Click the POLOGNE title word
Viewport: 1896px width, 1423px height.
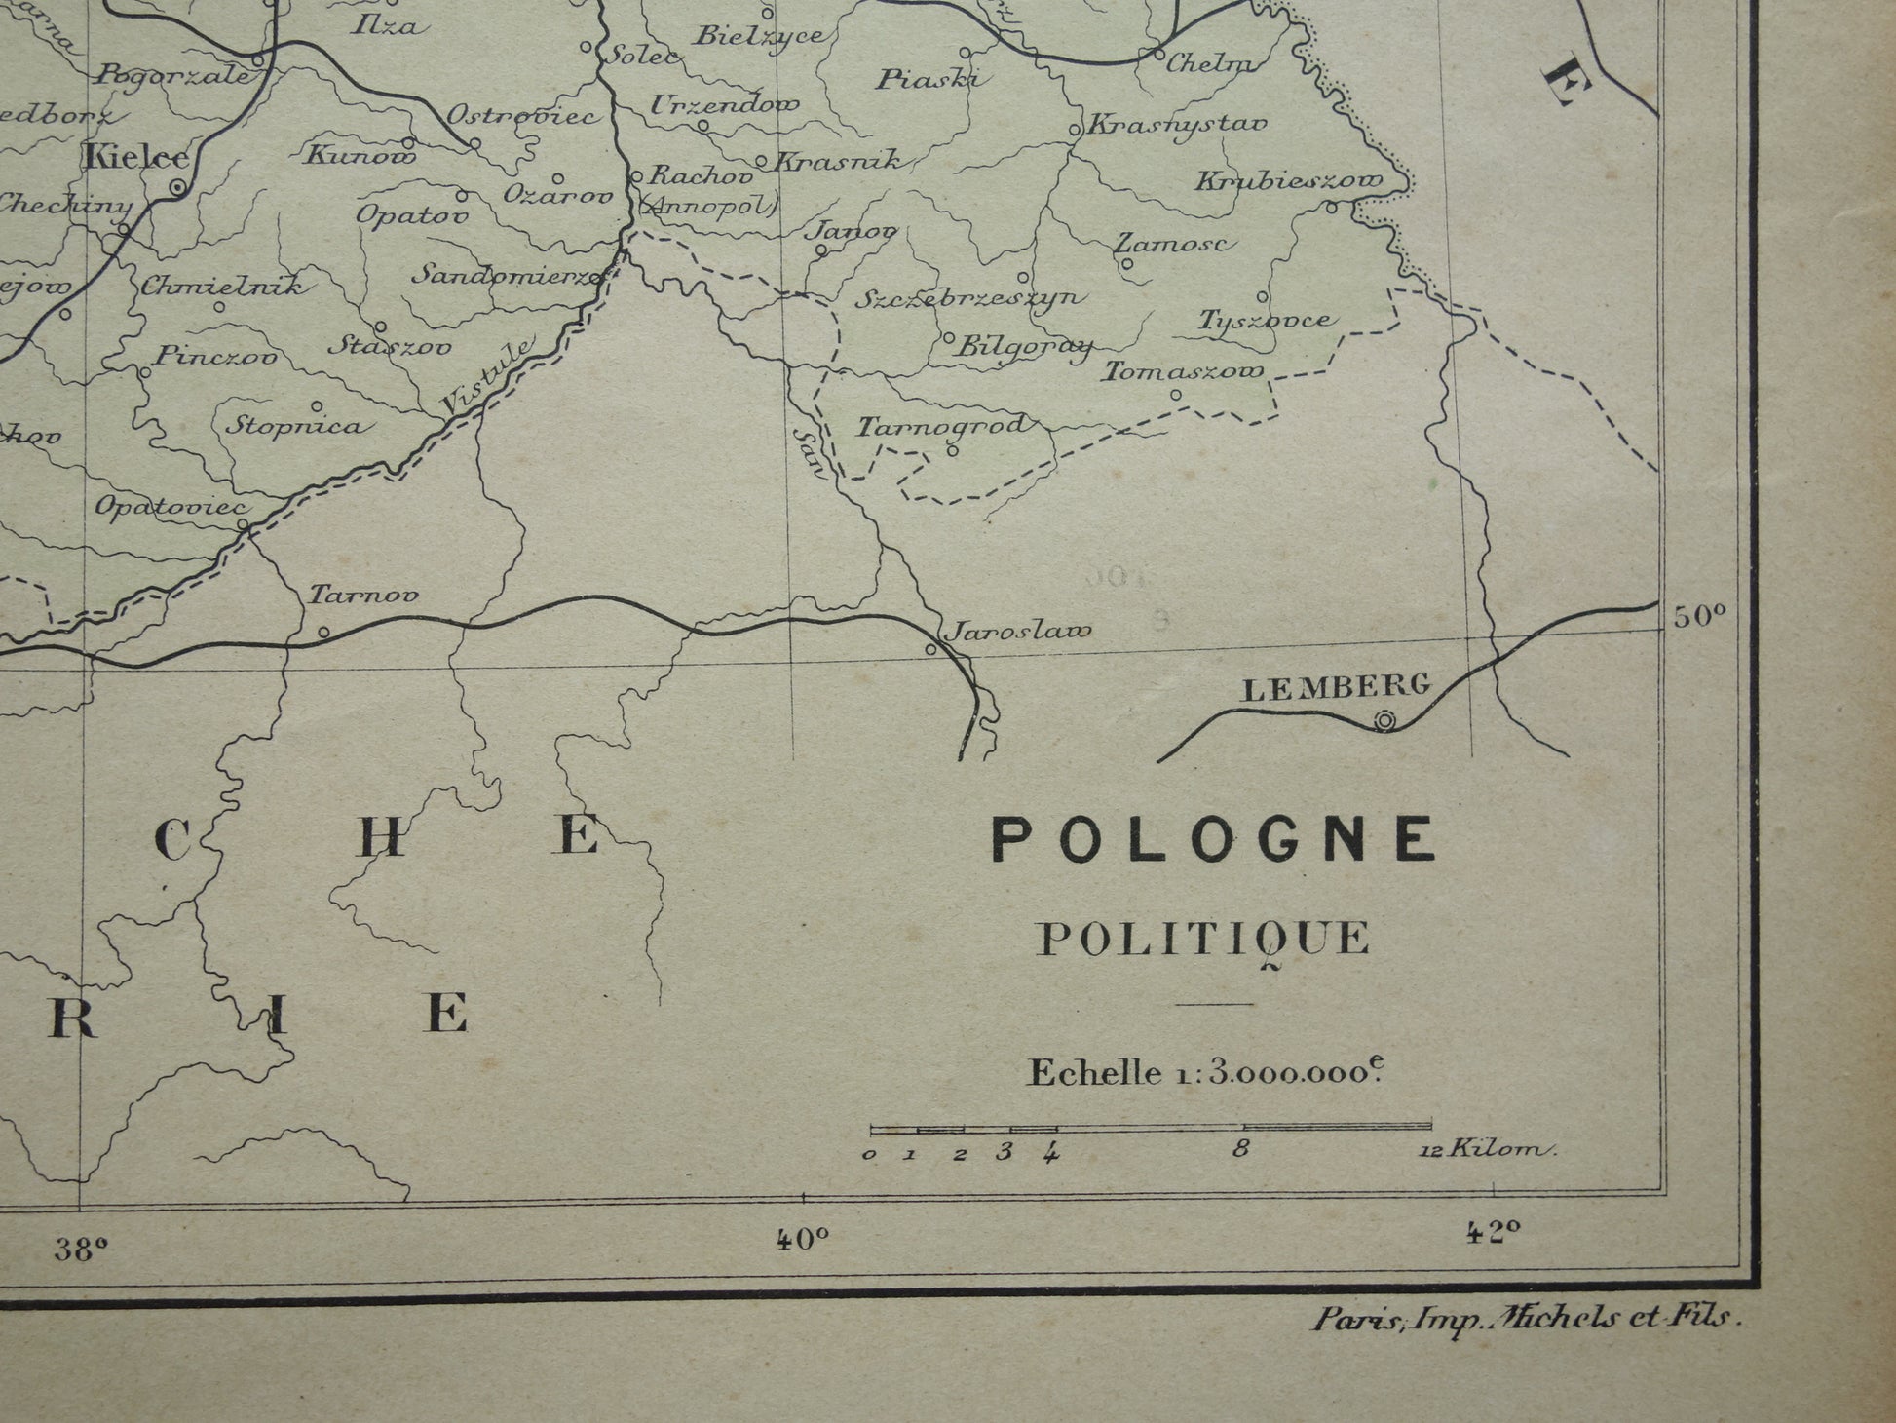(x=1214, y=839)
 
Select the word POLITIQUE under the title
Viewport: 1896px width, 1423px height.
(x=1202, y=939)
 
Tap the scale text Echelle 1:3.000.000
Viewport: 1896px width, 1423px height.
(x=1206, y=1072)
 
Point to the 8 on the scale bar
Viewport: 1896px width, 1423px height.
(x=1240, y=1149)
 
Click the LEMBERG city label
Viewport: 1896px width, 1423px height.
(x=1337, y=688)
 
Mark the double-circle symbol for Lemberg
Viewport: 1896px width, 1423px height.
(x=1384, y=721)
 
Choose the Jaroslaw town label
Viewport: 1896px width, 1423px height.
(x=1020, y=631)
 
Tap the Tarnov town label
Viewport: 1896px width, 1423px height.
(x=363, y=595)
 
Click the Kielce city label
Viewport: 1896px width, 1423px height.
(x=135, y=155)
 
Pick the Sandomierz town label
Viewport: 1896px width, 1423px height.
(x=506, y=275)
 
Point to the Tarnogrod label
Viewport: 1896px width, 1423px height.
(x=942, y=426)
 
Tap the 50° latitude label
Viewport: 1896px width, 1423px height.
(x=1700, y=615)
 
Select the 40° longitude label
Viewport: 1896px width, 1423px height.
(x=803, y=1239)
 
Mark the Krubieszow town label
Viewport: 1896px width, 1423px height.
(x=1288, y=182)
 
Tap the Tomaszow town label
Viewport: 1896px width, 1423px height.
(x=1183, y=371)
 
